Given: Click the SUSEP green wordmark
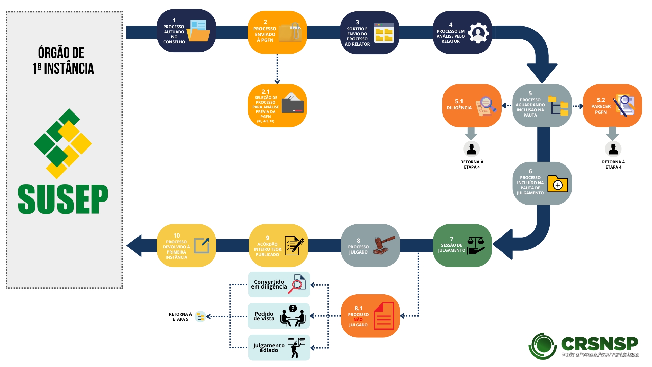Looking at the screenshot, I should point(63,199).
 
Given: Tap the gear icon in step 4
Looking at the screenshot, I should point(478,33).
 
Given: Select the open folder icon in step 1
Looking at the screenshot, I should point(198,31).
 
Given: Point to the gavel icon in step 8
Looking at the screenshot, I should point(384,245).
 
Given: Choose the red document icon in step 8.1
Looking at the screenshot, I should point(384,316).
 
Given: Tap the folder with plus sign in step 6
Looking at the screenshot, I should point(558,184).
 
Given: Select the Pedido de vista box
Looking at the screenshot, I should point(279,316).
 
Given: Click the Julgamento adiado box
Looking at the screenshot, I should point(279,348).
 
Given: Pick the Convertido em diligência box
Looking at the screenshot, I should point(279,284).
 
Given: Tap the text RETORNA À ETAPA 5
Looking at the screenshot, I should point(180,317).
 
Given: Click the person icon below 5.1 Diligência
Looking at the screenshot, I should point(471,149).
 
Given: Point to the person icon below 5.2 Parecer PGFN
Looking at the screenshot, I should point(613,149).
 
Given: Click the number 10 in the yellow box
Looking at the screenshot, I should point(177,235).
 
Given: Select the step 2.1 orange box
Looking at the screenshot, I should point(277,106).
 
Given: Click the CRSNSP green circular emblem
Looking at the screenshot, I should point(543,346).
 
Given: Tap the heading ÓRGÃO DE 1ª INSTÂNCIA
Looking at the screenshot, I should point(63,60).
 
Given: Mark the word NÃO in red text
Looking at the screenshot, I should point(358,320).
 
